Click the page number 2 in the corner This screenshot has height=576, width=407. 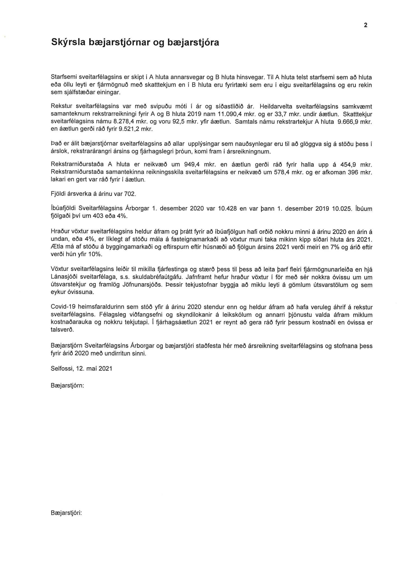pyautogui.click(x=365, y=25)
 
